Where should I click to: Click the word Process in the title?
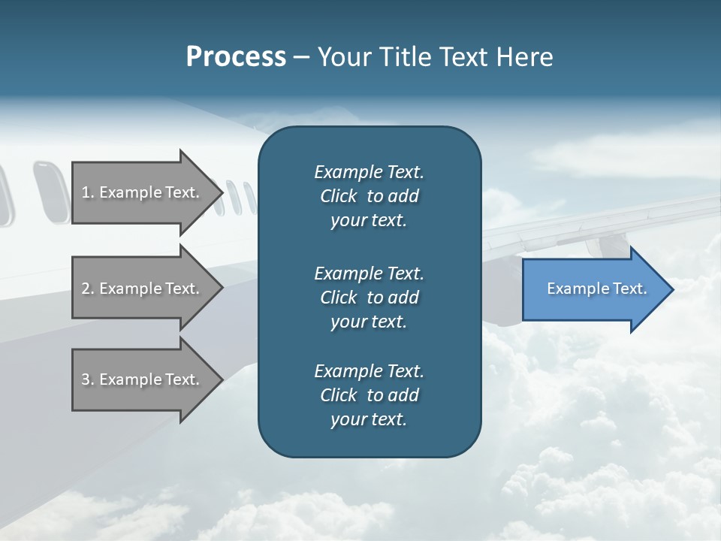point(236,57)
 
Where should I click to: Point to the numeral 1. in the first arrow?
point(88,192)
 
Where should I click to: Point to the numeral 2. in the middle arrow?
point(88,289)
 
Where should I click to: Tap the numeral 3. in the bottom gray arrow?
point(88,379)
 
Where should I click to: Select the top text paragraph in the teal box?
point(369,196)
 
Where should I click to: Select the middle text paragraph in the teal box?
point(369,297)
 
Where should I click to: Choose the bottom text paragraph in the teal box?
point(369,395)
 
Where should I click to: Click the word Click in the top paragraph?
point(338,196)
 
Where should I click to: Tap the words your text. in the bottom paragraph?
point(369,419)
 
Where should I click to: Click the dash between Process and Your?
point(302,58)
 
